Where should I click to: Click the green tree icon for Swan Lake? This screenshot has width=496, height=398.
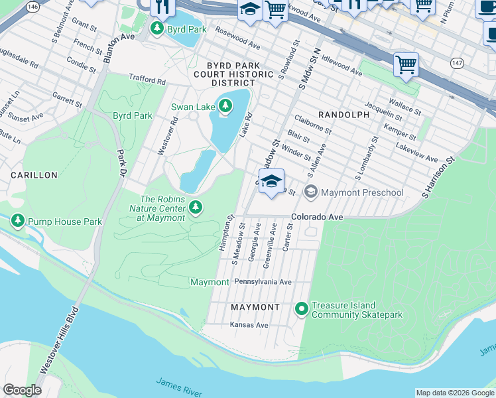pyautogui.click(x=225, y=106)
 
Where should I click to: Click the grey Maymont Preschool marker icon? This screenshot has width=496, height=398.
pyautogui.click(x=310, y=192)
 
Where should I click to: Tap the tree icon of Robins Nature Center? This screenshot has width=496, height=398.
pyautogui.click(x=195, y=208)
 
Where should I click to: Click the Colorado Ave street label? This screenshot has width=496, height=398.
pyautogui.click(x=317, y=217)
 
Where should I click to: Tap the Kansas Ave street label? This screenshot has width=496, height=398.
pyautogui.click(x=249, y=325)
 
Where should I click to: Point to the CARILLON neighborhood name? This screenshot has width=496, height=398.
pyautogui.click(x=34, y=175)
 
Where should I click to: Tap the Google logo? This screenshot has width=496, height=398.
pyautogui.click(x=22, y=390)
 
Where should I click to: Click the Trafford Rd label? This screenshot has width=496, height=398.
pyautogui.click(x=147, y=80)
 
